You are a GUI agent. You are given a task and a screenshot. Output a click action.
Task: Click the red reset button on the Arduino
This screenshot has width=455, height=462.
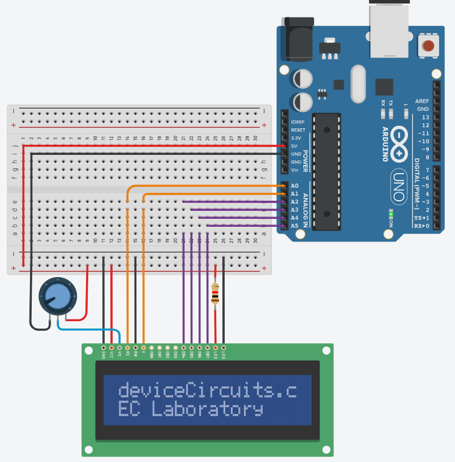(428, 46)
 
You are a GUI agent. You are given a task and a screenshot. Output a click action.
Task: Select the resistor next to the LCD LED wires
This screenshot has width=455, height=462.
(215, 294)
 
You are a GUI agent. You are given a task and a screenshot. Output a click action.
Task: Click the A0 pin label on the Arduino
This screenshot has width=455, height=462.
(294, 186)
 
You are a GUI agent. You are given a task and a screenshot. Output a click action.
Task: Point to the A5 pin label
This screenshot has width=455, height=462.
(294, 226)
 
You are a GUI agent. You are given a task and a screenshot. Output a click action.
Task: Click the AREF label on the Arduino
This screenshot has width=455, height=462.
(422, 101)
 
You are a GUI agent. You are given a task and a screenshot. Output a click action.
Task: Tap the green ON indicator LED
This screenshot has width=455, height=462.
(390, 214)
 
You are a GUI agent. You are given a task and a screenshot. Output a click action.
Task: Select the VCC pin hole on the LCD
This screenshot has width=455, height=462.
(111, 347)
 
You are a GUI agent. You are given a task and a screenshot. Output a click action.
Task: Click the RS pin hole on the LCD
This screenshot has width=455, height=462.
(127, 347)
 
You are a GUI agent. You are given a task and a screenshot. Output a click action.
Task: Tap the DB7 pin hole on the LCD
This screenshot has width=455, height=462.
(207, 347)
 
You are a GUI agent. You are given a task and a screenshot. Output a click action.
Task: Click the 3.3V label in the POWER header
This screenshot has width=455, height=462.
(298, 138)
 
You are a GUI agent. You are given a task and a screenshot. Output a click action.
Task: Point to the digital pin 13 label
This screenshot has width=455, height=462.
(426, 117)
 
